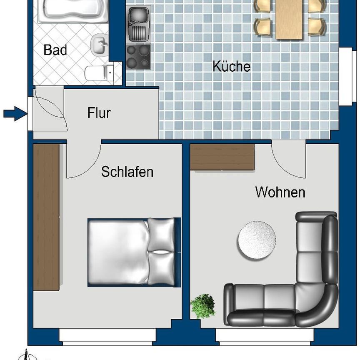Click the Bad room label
click(55, 50)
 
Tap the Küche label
click(232, 66)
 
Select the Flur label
click(99, 112)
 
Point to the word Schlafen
click(127, 171)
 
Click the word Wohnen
click(280, 192)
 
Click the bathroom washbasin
click(99, 44)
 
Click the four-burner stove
click(138, 57)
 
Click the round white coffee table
click(257, 240)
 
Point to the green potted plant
click(203, 306)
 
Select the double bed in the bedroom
click(133, 252)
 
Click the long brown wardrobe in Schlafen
click(46, 217)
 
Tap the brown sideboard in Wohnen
click(222, 157)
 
